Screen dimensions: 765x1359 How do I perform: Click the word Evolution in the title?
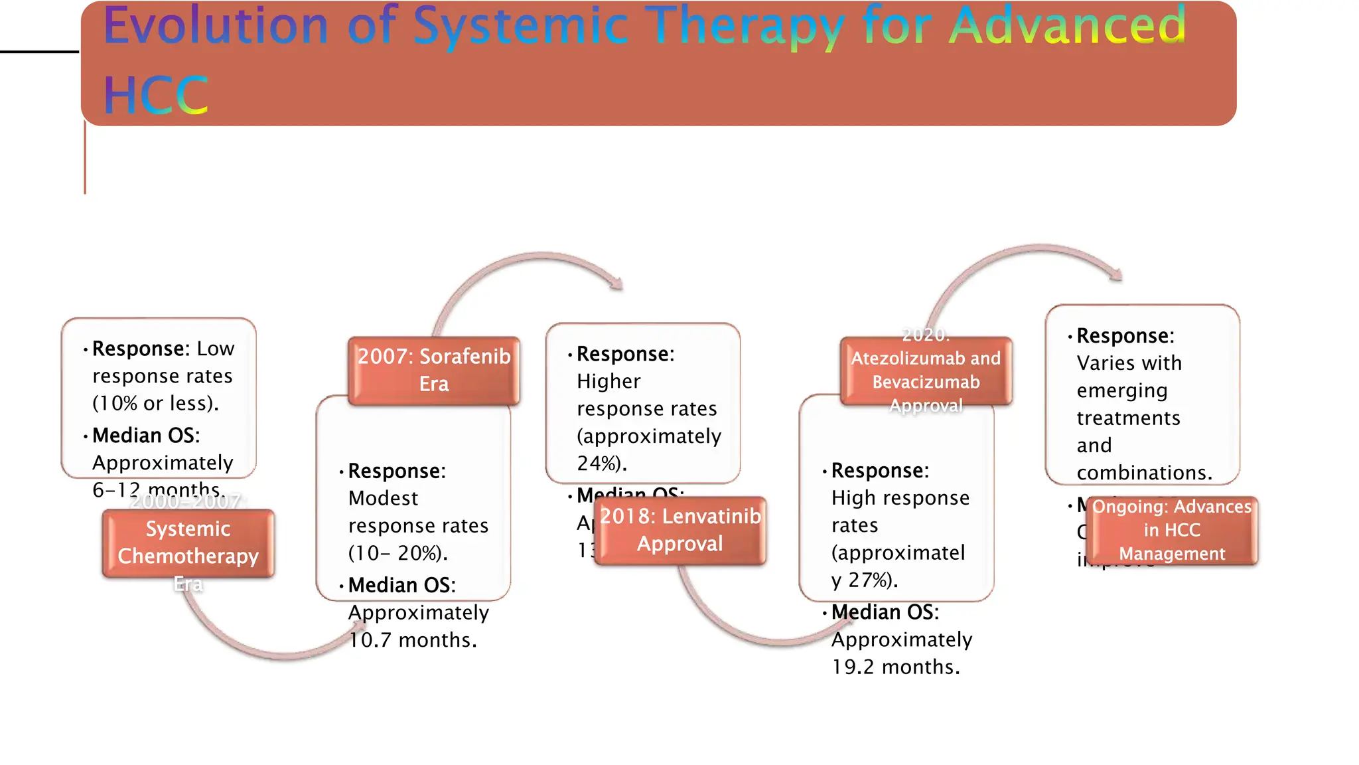pos(216,27)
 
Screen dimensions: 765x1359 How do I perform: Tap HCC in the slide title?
pos(156,96)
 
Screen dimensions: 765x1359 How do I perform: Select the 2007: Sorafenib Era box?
pos(434,371)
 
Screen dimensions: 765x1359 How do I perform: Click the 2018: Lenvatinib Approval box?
pos(680,531)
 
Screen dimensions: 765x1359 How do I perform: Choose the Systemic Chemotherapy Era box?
pos(188,543)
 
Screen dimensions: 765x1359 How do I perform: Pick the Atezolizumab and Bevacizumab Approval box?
pos(926,371)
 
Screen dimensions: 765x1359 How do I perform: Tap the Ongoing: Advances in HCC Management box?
pos(1172,531)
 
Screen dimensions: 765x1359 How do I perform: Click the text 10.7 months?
pos(413,640)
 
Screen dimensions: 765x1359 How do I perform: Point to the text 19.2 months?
pos(896,667)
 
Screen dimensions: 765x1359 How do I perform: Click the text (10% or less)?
pos(155,403)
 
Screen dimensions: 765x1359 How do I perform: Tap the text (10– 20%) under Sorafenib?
pos(397,553)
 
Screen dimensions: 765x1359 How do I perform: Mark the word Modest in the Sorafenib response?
pos(383,498)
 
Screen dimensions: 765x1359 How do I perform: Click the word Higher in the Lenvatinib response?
pos(608,381)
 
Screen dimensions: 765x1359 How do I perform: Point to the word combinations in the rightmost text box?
pos(1143,473)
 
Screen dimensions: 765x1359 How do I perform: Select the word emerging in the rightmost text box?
pos(1121,390)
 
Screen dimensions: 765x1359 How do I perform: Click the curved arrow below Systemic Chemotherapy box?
pos(265,651)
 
